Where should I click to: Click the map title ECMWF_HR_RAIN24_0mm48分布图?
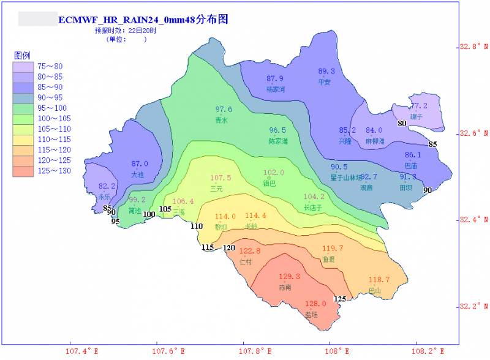(x=143, y=20)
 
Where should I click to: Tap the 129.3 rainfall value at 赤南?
(x=290, y=277)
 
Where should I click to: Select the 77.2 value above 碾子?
(x=418, y=106)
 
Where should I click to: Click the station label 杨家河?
(x=276, y=89)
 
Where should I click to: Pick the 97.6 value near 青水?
(x=224, y=110)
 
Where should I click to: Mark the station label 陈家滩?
(x=278, y=141)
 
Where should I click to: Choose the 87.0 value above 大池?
(x=140, y=164)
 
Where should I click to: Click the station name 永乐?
(x=105, y=197)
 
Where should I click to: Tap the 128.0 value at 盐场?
(x=315, y=304)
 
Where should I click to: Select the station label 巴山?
(x=374, y=290)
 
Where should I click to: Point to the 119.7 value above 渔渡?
(x=333, y=249)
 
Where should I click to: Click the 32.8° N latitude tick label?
(x=474, y=47)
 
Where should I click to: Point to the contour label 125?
(x=340, y=299)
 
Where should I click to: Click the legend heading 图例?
(x=22, y=55)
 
